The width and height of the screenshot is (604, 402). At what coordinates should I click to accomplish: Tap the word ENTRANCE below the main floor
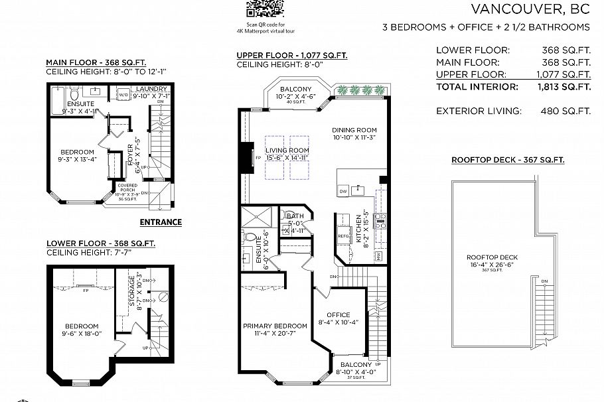161,222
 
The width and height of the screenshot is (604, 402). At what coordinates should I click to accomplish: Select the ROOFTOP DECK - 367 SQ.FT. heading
508,160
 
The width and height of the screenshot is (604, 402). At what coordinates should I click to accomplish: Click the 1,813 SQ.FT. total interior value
563,87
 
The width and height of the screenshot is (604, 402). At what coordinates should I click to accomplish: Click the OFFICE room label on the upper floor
339,314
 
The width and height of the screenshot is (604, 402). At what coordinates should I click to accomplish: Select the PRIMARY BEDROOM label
275,326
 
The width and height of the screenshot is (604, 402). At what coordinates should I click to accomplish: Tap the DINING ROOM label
354,130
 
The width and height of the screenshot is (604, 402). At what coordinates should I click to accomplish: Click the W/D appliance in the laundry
123,96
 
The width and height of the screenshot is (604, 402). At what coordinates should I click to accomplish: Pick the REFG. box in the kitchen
344,235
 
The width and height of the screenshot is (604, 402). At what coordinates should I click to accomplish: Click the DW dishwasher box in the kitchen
343,191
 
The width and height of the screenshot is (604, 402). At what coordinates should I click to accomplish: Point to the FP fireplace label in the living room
258,158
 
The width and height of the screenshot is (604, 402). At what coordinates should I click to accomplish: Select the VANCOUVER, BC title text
530,9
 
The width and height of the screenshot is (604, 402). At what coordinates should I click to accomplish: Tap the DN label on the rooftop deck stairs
544,281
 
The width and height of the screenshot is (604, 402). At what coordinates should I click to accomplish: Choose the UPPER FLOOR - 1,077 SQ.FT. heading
291,56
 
